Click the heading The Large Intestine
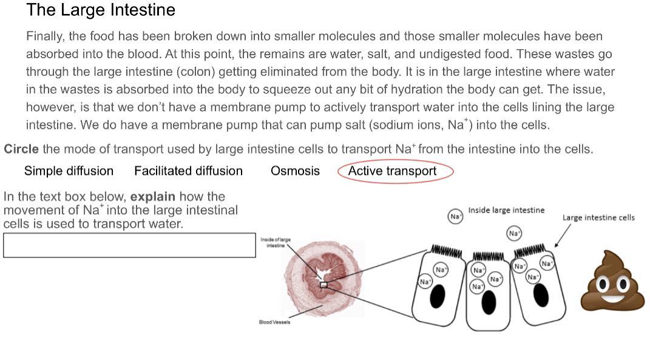tap(101, 10)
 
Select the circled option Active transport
tap(392, 171)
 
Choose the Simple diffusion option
tap(69, 171)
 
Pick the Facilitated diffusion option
tap(188, 171)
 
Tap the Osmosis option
tap(295, 171)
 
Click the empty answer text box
tap(129, 245)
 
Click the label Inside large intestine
tap(506, 211)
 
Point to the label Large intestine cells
tap(598, 217)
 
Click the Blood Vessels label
tap(274, 322)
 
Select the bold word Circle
tap(21, 149)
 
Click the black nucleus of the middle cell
tap(489, 302)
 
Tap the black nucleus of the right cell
tap(541, 296)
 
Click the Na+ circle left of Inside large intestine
tap(455, 216)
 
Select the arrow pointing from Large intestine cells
tap(563, 235)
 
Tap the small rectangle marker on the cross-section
tap(323, 284)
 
